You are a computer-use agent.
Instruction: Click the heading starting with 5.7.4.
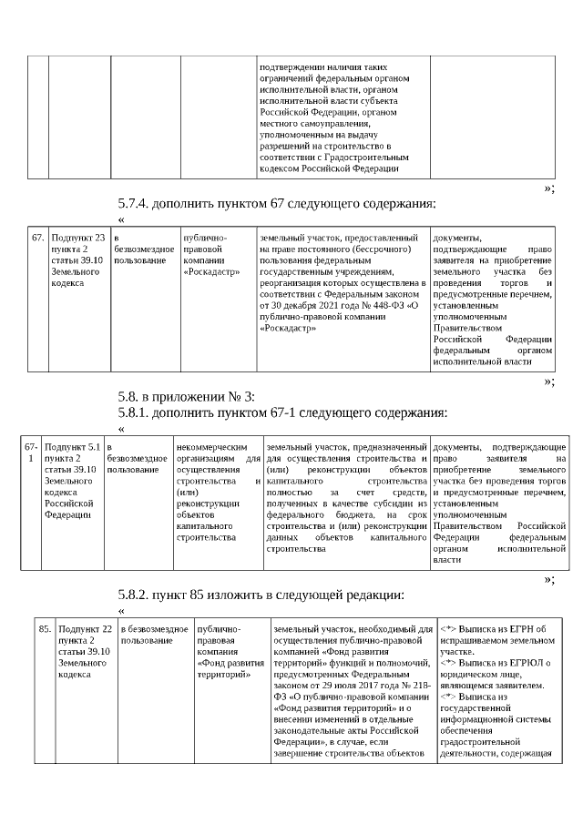[277, 203]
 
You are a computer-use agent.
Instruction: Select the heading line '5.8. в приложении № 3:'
[188, 396]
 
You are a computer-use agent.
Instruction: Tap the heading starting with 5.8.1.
[282, 412]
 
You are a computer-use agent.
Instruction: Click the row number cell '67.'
[38, 238]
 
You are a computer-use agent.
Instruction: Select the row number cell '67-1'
[30, 453]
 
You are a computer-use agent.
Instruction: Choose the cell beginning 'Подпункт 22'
[85, 652]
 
